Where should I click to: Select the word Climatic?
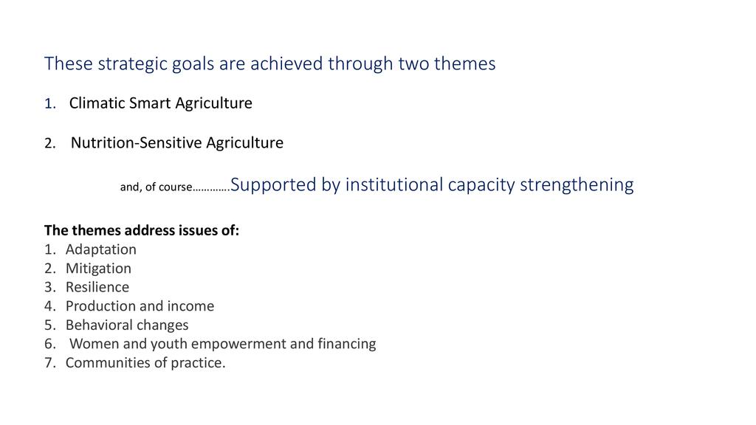pos(97,103)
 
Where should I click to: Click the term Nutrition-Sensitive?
pos(136,142)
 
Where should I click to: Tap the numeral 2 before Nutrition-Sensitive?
pos(50,143)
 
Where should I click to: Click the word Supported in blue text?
pos(273,185)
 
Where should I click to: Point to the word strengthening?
pos(577,185)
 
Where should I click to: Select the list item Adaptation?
pos(100,249)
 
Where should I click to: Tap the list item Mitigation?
pos(98,269)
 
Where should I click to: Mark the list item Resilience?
pos(97,287)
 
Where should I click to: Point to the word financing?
pos(347,344)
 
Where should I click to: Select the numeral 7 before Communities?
pos(49,363)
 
